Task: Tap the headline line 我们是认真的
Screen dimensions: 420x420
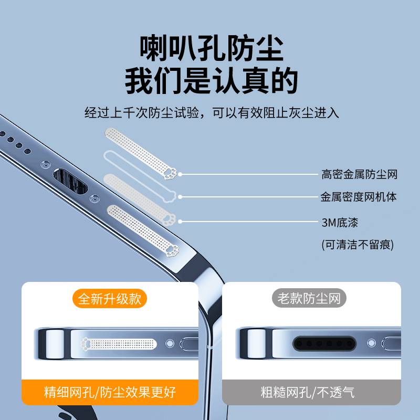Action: click(x=211, y=81)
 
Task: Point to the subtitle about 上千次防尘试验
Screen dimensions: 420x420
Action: click(x=212, y=113)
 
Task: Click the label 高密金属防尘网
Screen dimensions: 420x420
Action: click(x=359, y=174)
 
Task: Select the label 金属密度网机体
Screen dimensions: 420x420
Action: click(x=359, y=197)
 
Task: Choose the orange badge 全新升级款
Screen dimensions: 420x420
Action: click(x=110, y=299)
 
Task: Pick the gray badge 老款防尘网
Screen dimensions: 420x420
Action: click(x=312, y=299)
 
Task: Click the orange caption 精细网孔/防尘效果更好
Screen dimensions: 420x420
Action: click(x=110, y=392)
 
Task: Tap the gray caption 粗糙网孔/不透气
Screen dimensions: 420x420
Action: click(x=312, y=392)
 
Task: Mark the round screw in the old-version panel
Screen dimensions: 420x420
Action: click(x=371, y=343)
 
